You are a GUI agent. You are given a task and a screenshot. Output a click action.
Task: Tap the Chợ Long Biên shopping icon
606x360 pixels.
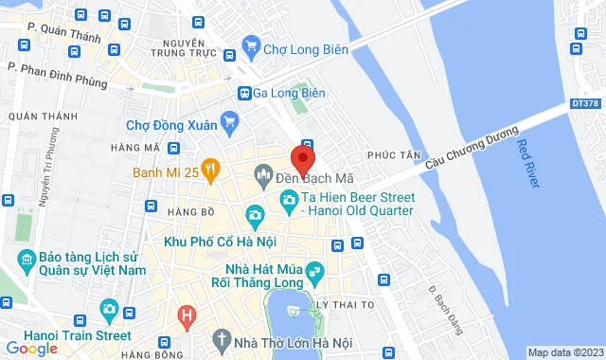pos(251,45)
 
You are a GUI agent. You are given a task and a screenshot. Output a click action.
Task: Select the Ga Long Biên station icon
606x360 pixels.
pos(243,93)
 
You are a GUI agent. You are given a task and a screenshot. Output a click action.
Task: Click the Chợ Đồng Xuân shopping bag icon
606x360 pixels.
pos(228,121)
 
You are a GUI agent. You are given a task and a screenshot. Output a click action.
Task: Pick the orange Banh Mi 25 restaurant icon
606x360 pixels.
pos(210,171)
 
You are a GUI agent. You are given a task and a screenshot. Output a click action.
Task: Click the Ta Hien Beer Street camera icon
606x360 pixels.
pos(287,199)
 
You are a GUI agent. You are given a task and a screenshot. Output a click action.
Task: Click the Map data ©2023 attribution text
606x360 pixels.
pos(565,352)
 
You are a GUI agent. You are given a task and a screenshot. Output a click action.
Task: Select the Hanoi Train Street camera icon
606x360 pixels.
pos(109,310)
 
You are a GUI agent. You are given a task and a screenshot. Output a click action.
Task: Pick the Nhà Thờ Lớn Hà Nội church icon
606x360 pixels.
pos(222,338)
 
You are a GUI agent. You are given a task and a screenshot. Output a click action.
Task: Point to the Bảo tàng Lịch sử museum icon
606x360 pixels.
pos(25,260)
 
